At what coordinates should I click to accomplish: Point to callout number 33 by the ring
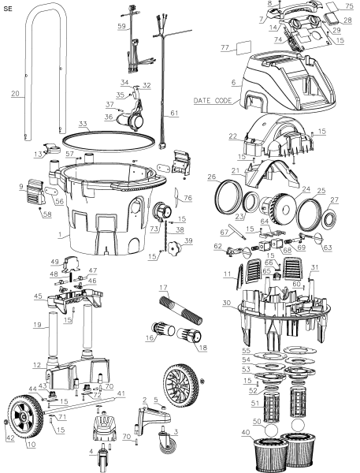point(83,123)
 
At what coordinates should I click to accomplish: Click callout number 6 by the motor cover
point(232,82)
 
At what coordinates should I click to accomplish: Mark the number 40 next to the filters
point(247,432)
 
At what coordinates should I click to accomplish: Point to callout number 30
point(227,303)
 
